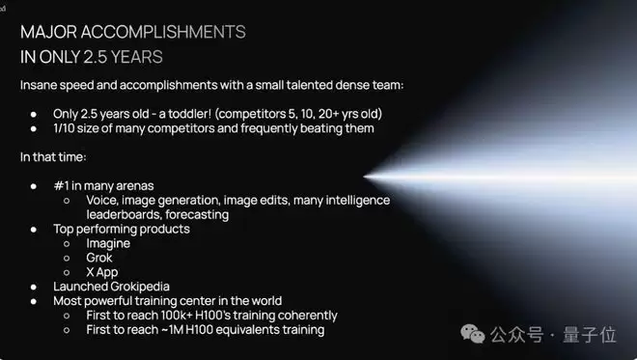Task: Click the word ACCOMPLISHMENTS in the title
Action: click(163, 32)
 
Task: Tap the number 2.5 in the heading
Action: click(95, 57)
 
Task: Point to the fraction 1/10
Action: click(63, 128)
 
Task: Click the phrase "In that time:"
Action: click(53, 157)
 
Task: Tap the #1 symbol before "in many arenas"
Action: click(61, 185)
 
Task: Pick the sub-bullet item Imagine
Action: click(108, 243)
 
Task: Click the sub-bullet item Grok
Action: click(99, 258)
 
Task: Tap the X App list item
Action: click(102, 272)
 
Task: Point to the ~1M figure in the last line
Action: click(172, 330)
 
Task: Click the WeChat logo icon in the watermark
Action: click(473, 334)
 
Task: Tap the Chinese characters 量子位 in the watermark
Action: click(590, 335)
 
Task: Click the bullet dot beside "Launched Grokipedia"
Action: click(34, 287)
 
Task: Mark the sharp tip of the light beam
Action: click(364, 177)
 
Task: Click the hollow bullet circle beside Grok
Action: click(67, 258)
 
